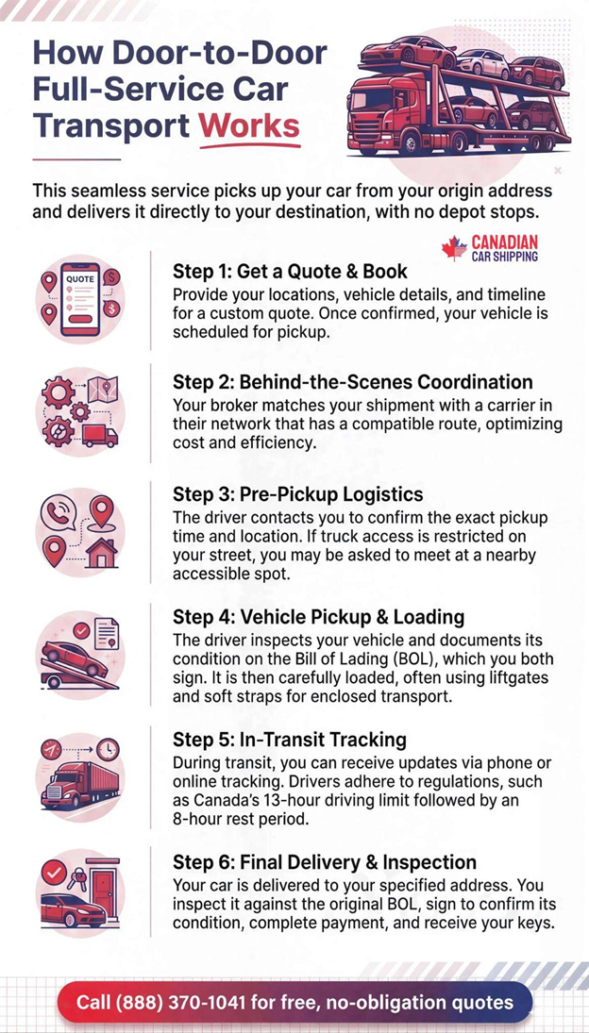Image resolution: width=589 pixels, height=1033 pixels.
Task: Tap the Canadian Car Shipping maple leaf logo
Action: [x=455, y=248]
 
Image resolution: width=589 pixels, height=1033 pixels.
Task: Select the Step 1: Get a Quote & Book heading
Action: [x=290, y=272]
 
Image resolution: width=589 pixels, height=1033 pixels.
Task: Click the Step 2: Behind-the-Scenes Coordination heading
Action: [x=352, y=382]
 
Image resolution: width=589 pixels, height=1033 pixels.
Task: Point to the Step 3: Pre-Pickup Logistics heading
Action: [x=297, y=494]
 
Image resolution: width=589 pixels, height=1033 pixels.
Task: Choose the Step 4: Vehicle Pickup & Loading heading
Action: [x=318, y=617]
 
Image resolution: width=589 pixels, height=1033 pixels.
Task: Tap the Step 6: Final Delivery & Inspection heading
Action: [x=324, y=862]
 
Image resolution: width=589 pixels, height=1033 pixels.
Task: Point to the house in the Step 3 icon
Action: [x=101, y=552]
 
